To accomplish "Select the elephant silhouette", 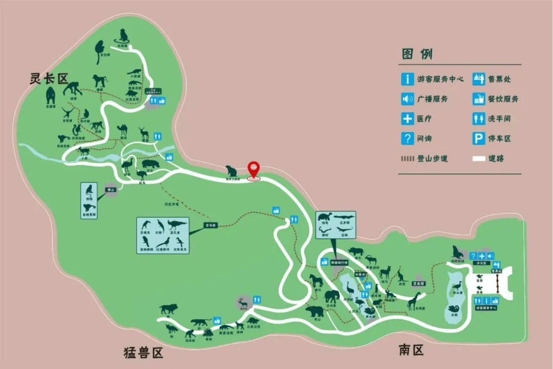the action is [x=331, y=296].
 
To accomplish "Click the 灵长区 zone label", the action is [x=49, y=79].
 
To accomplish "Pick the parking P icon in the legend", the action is [x=479, y=139].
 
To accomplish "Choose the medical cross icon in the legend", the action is [x=408, y=119].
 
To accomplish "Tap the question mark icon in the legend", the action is [x=408, y=139].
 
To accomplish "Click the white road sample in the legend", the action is [x=478, y=158].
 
